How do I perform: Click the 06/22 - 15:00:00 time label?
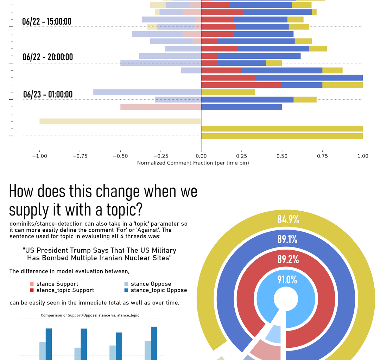(46, 21)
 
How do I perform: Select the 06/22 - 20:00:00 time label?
(47, 57)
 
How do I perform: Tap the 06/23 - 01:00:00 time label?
(47, 94)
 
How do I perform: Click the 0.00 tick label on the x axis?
(201, 156)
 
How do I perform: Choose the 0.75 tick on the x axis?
(322, 156)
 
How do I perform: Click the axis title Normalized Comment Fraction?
(193, 163)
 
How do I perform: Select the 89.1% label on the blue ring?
(287, 239)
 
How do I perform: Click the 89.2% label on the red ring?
(288, 259)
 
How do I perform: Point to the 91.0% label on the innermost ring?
(287, 280)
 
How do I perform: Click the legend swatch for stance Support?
(32, 284)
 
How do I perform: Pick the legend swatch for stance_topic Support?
(32, 290)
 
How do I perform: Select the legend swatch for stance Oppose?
(126, 284)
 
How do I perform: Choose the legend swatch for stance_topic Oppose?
(126, 290)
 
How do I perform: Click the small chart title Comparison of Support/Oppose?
(90, 315)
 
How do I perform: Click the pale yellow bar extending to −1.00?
(120, 121)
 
